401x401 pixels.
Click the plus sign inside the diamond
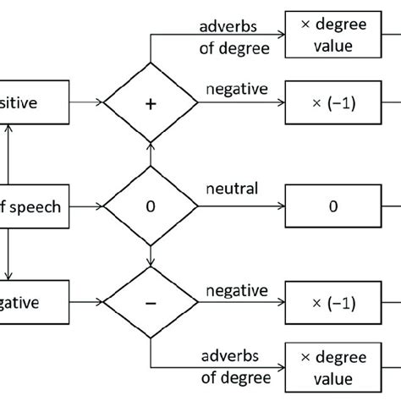click(150, 102)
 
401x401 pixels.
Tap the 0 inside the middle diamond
click(150, 204)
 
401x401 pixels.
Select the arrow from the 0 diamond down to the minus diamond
click(150, 253)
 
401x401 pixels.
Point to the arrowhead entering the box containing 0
click(282, 204)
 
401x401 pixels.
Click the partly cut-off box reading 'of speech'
click(34, 204)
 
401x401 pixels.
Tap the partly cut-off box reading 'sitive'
click(34, 102)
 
